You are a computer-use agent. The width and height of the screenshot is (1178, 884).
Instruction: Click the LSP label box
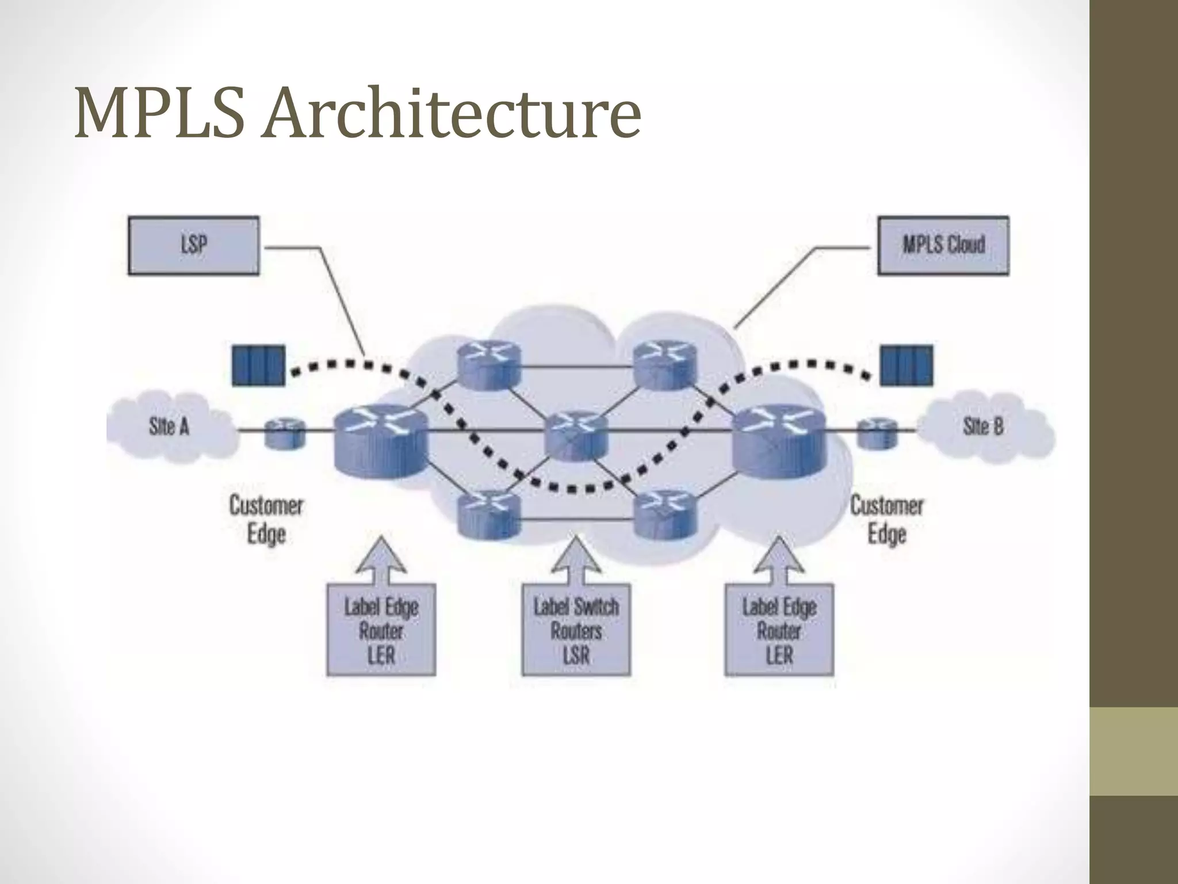point(193,245)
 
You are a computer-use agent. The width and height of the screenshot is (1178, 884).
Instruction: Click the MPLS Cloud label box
point(943,245)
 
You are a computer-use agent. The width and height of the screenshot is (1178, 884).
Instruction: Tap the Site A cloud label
point(169,427)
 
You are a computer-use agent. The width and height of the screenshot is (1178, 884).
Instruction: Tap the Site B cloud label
point(983,426)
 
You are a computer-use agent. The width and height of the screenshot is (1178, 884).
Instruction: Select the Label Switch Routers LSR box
point(576,630)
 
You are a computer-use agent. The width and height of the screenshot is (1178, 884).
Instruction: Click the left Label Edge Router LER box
point(381,630)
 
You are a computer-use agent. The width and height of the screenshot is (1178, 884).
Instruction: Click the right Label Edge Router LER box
point(779,630)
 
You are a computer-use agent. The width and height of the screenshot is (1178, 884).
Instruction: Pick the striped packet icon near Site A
point(258,365)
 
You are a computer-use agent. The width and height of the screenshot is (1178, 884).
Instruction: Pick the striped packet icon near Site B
point(907,365)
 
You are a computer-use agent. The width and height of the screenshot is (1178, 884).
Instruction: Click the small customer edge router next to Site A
point(284,433)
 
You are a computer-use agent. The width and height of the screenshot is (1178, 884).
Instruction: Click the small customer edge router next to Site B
point(877,433)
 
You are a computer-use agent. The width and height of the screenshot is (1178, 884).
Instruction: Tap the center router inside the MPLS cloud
point(576,435)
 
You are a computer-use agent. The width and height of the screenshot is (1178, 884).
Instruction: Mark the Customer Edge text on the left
point(266,520)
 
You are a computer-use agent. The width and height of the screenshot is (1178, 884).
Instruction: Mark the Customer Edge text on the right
point(886,520)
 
